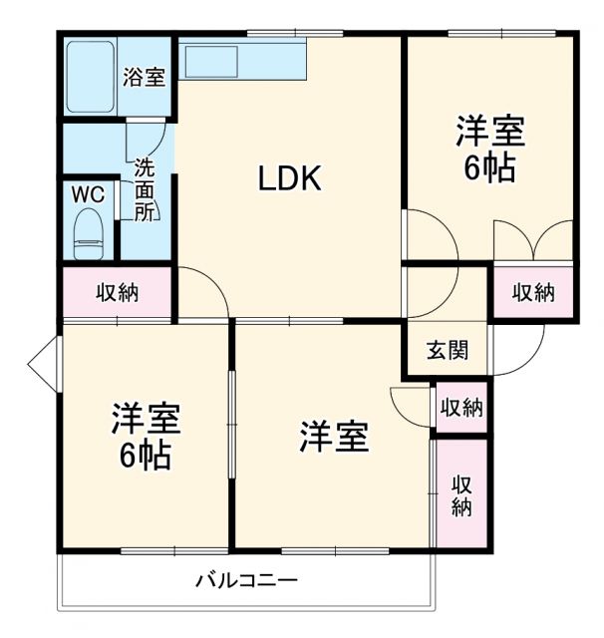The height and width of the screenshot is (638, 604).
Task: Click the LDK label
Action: point(289,178)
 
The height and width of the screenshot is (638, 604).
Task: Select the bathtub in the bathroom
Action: point(90,76)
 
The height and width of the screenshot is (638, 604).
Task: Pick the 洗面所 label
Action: point(146,189)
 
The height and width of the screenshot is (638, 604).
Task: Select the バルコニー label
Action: point(246,579)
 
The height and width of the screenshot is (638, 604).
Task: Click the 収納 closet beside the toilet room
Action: point(117,293)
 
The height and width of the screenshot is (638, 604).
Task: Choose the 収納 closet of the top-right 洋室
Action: point(533,292)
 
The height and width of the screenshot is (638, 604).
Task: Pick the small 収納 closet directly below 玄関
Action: point(461,407)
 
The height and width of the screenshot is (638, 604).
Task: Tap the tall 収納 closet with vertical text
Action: point(461,494)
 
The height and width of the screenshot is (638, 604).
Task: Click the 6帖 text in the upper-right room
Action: point(489,167)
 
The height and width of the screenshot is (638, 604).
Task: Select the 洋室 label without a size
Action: point(334,437)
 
